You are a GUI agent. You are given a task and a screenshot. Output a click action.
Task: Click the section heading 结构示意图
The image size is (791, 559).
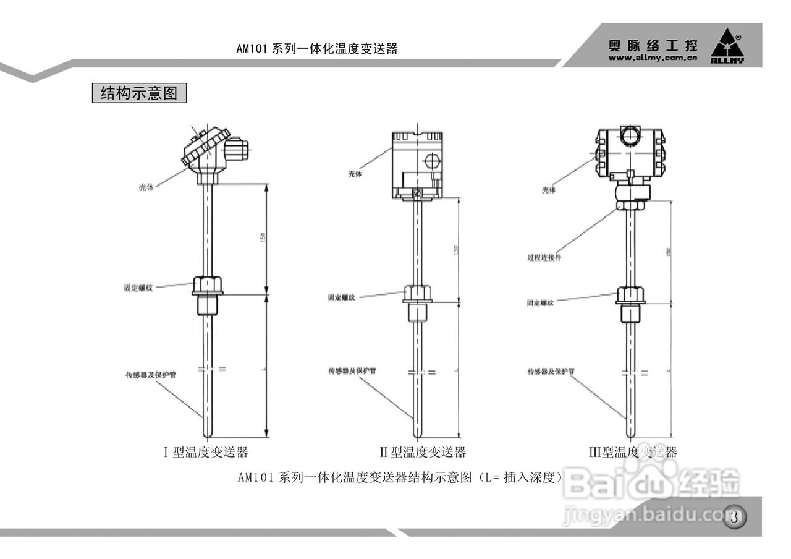pos(139,93)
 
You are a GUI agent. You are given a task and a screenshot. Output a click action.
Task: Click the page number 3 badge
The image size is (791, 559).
pos(734,517)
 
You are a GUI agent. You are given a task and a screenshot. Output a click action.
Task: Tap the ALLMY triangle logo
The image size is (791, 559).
pos(727,46)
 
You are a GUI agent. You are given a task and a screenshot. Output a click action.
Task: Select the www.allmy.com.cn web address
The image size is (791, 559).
pos(653,58)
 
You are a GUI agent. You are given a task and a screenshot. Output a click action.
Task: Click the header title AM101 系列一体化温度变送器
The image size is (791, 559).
pos(316,49)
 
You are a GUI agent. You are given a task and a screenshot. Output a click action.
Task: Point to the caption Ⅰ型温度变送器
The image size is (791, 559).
pos(206,452)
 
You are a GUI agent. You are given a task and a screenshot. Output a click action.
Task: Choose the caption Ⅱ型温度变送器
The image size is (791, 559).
pos(423,452)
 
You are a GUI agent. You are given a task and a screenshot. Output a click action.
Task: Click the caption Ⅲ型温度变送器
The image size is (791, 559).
pos(633,452)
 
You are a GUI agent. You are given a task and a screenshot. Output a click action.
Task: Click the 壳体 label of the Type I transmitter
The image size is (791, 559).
pos(146,187)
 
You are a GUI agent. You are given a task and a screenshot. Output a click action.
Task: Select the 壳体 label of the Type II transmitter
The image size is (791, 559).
pos(355,174)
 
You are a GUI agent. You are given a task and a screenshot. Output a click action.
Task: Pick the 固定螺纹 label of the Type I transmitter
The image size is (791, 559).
pos(138,288)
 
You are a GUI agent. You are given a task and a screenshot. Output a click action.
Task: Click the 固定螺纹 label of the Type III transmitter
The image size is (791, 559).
pos(540,303)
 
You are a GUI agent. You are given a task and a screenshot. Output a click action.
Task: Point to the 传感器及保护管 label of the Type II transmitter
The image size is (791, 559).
pos(353,371)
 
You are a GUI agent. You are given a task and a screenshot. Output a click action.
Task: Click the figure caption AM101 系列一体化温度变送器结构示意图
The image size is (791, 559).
pos(400,477)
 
